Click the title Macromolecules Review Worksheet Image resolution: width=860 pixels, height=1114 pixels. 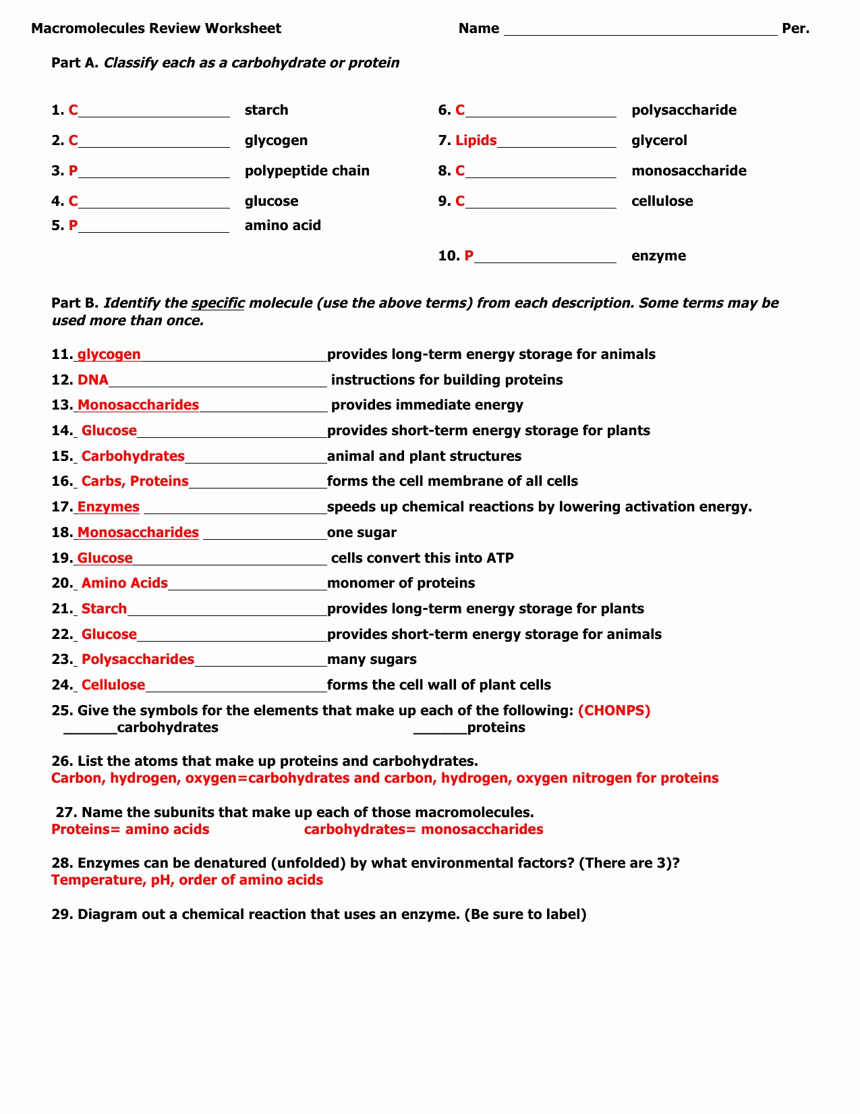point(156,28)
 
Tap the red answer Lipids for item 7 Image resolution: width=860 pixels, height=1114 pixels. point(476,140)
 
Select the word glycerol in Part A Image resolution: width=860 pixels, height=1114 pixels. point(659,140)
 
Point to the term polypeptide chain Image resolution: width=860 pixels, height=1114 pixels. point(307,171)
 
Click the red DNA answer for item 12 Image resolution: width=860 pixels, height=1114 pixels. point(93,380)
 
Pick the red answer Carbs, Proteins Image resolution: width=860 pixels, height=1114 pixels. point(135,481)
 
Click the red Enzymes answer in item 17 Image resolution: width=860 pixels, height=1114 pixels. point(108,507)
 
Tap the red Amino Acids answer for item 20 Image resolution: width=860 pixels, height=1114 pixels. point(124,583)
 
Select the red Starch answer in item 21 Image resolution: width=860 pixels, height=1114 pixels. point(104,609)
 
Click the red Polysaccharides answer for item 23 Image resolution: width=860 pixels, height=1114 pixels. point(138,659)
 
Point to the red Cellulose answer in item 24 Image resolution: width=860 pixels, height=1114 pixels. point(113,685)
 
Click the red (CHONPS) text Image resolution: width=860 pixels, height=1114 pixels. point(614,711)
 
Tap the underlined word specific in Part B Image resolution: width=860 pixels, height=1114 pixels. point(217,303)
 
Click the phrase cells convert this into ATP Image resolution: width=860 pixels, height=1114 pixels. point(422,558)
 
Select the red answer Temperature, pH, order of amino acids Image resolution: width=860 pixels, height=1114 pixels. point(187,880)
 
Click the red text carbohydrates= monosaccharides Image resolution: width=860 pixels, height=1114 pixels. point(424,829)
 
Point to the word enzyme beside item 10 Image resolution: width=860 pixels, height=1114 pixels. point(658,256)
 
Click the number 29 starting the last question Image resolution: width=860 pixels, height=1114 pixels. point(61,914)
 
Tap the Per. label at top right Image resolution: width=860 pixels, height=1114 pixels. point(795,28)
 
